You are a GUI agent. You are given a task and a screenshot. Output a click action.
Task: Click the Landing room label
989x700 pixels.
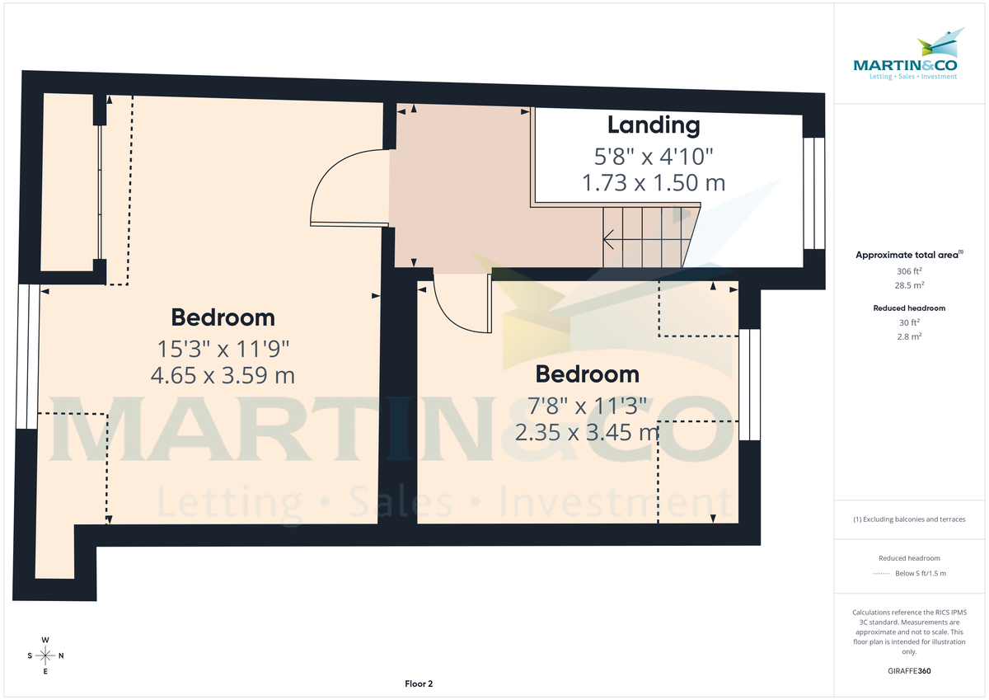[654, 125]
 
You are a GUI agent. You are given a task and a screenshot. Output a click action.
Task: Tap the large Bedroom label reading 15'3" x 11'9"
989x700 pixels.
[223, 317]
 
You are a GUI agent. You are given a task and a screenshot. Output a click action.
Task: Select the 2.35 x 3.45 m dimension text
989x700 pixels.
[587, 431]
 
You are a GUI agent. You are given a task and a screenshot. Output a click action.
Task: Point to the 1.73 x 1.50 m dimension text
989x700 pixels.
[654, 182]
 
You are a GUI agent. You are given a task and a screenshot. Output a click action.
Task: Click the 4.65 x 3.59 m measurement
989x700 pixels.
[223, 375]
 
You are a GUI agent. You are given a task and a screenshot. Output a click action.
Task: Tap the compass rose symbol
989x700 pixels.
[45, 655]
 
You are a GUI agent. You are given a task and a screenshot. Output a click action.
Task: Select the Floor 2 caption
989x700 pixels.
[419, 684]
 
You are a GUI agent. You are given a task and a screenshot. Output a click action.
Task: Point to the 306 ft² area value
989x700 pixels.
[909, 271]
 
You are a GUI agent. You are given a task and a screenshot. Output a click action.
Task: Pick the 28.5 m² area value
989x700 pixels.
[909, 285]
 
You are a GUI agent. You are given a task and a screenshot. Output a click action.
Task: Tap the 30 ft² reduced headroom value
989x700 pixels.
[909, 322]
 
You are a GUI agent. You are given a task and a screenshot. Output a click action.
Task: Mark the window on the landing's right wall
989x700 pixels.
[813, 193]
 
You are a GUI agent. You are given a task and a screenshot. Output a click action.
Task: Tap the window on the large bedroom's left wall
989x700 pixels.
[27, 356]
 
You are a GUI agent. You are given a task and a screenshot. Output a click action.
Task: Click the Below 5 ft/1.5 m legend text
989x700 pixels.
[921, 573]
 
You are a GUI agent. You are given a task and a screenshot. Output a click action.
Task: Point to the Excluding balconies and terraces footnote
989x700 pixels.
[909, 519]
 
